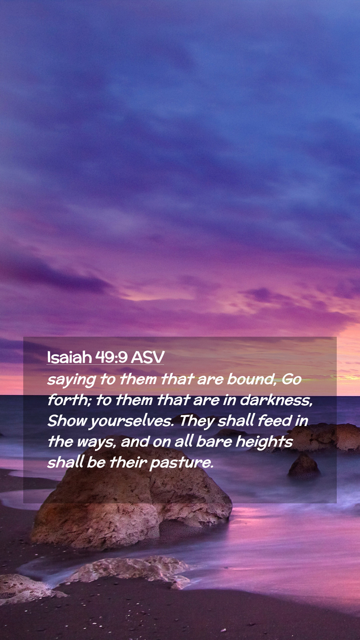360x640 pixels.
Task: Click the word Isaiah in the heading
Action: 69,357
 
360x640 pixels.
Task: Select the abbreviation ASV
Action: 148,357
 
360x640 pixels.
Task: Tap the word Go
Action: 292,379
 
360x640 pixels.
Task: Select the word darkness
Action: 276,400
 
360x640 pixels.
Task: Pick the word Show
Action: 67,421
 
